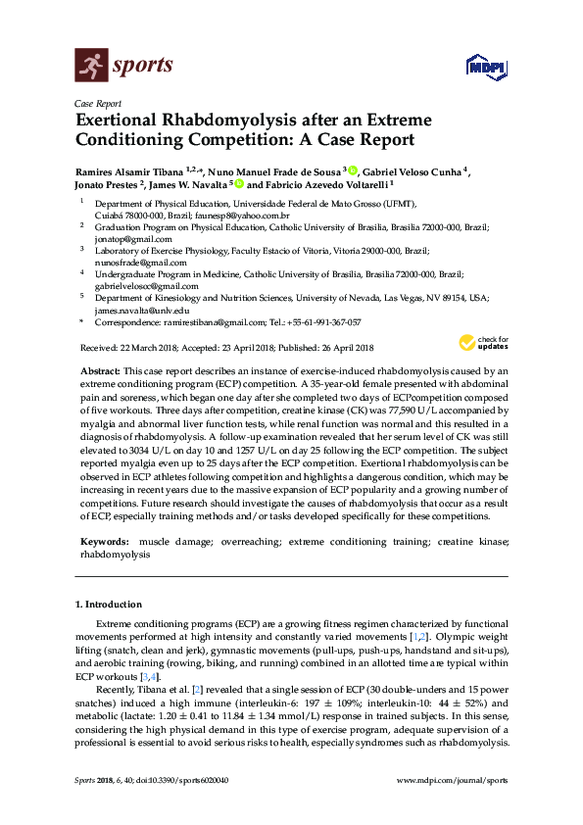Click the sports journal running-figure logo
[x=91, y=67]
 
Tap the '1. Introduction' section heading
[x=109, y=605]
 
